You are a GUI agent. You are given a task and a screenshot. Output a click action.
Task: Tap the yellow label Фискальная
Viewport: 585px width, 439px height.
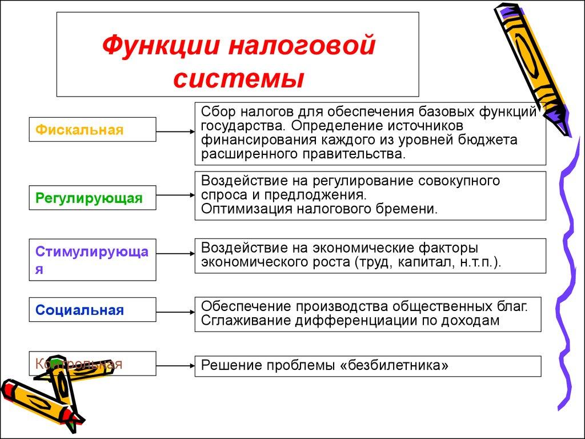[79, 130]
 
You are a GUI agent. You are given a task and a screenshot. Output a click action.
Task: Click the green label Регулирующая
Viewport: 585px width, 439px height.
[89, 198]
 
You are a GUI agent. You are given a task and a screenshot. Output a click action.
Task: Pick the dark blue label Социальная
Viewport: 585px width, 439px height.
[79, 311]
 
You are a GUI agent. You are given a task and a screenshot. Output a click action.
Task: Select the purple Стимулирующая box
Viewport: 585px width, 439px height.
[92, 260]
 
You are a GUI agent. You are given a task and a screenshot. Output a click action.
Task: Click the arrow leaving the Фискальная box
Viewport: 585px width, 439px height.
[175, 131]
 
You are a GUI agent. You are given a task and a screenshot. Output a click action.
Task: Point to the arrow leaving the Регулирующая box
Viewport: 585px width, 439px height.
[175, 195]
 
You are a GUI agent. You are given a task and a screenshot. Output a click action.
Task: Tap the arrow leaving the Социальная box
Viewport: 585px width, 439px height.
[175, 312]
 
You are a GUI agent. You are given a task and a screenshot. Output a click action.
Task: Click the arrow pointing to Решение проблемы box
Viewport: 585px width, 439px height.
[175, 365]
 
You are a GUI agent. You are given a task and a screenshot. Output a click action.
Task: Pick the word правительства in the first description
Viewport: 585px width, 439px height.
[359, 154]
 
